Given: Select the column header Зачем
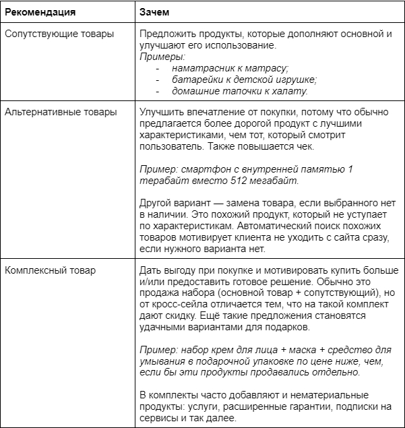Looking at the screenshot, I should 155,12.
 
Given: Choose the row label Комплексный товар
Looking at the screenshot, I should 50,270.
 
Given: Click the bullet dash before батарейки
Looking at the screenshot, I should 158,80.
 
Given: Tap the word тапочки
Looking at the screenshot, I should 238,92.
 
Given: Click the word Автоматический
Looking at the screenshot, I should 272,226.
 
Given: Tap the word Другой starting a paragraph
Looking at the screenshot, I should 158,203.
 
